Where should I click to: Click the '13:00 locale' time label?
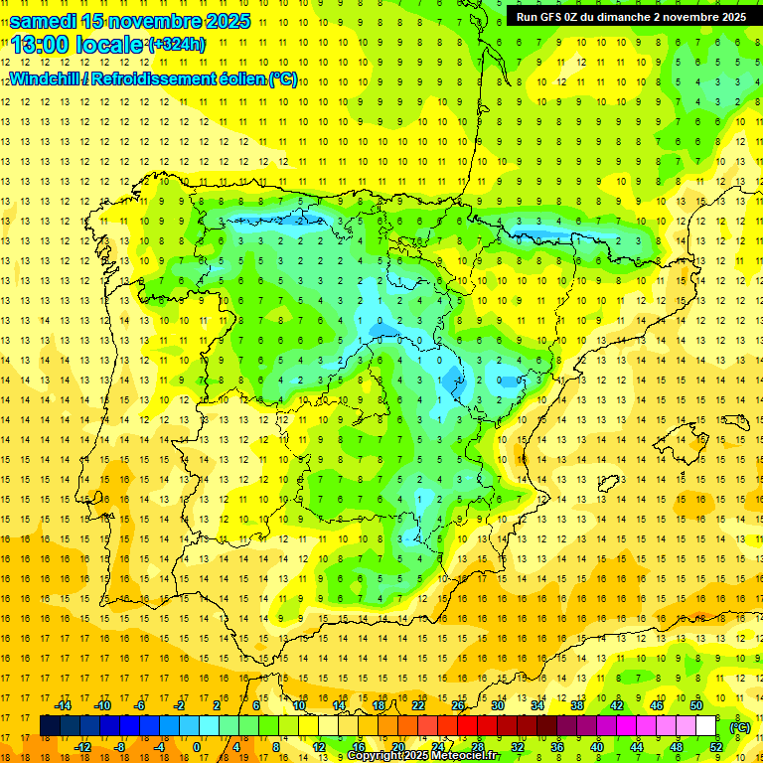(77, 44)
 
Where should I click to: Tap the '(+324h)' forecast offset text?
(178, 45)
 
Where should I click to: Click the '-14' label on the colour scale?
(63, 704)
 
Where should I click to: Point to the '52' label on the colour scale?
(716, 747)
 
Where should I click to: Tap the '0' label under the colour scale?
(197, 747)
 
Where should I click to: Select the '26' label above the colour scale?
(458, 704)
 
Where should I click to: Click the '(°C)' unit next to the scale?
(739, 726)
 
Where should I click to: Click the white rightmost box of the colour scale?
(704, 726)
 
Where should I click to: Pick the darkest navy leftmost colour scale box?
(50, 726)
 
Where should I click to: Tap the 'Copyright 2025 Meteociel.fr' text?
(422, 756)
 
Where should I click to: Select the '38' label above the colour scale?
(576, 704)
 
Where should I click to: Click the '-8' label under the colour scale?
(120, 747)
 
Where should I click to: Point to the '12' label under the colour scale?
(319, 747)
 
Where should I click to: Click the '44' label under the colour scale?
(637, 747)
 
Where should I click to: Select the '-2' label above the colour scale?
(179, 704)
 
